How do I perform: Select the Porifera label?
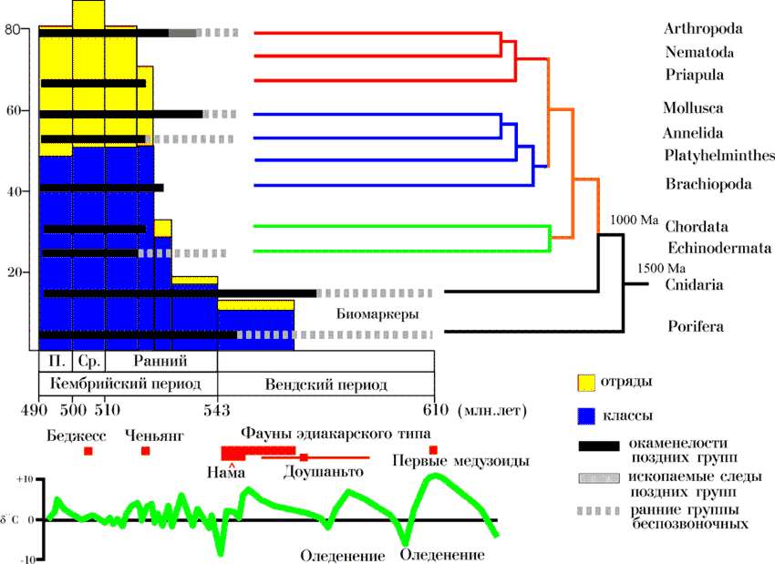(695, 325)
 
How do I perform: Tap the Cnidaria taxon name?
(696, 284)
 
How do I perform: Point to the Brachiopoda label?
(708, 184)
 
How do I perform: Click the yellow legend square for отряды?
(585, 382)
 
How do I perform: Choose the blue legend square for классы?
(585, 417)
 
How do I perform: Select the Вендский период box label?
(325, 385)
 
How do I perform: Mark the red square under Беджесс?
(88, 451)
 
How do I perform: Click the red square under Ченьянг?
(146, 451)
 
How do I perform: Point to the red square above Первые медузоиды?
(433, 450)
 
